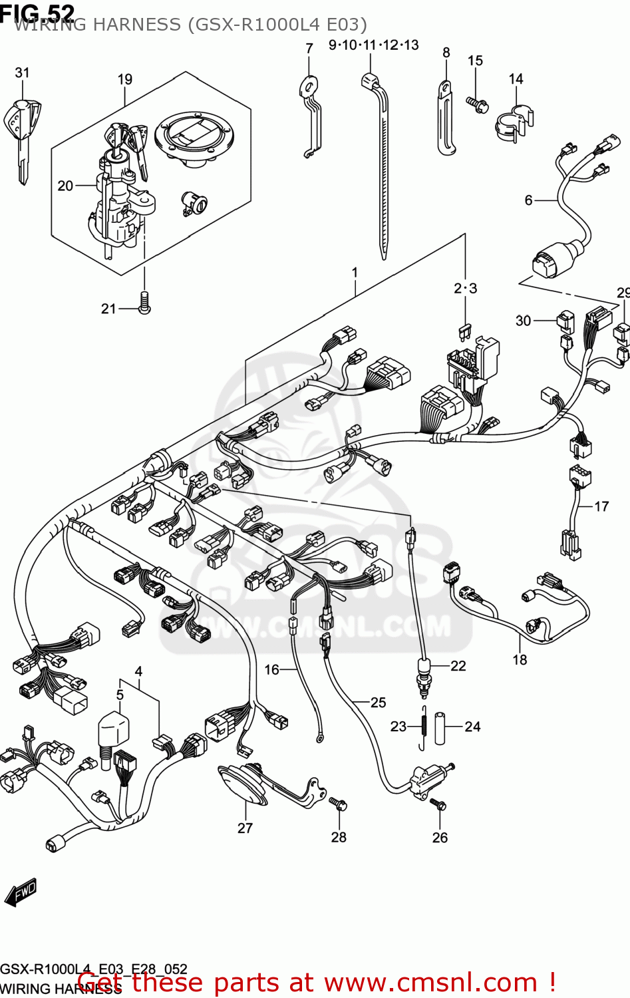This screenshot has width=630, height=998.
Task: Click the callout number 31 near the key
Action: click(22, 72)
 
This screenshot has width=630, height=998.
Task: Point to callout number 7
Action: click(309, 48)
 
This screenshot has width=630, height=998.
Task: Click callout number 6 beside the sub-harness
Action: click(528, 200)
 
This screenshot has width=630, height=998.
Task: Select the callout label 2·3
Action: click(465, 288)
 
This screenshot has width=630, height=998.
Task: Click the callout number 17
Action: click(601, 506)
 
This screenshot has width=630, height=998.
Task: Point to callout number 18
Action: click(520, 659)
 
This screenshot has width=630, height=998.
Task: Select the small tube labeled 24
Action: click(440, 728)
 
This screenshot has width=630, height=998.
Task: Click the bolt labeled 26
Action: click(438, 804)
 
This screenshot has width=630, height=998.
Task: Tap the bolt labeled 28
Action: click(339, 804)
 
